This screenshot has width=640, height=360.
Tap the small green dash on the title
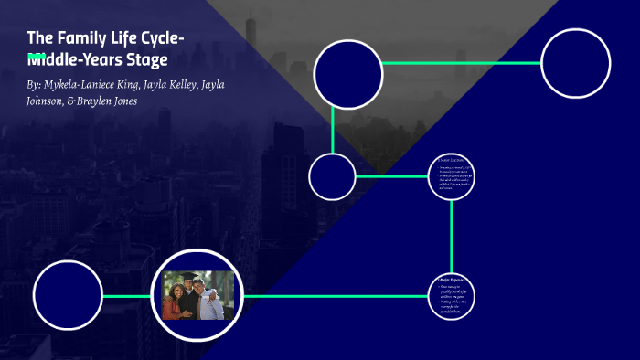coord(37,57)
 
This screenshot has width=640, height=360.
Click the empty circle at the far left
coord(68,295)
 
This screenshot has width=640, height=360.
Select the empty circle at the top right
coord(575,63)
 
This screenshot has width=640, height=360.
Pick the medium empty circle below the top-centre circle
coord(332,176)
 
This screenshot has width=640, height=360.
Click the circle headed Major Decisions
coord(453,175)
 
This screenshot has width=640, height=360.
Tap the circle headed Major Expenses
coord(453,296)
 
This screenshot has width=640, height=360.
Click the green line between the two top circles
coord(462,63)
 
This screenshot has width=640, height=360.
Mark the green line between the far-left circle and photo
coord(127,296)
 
